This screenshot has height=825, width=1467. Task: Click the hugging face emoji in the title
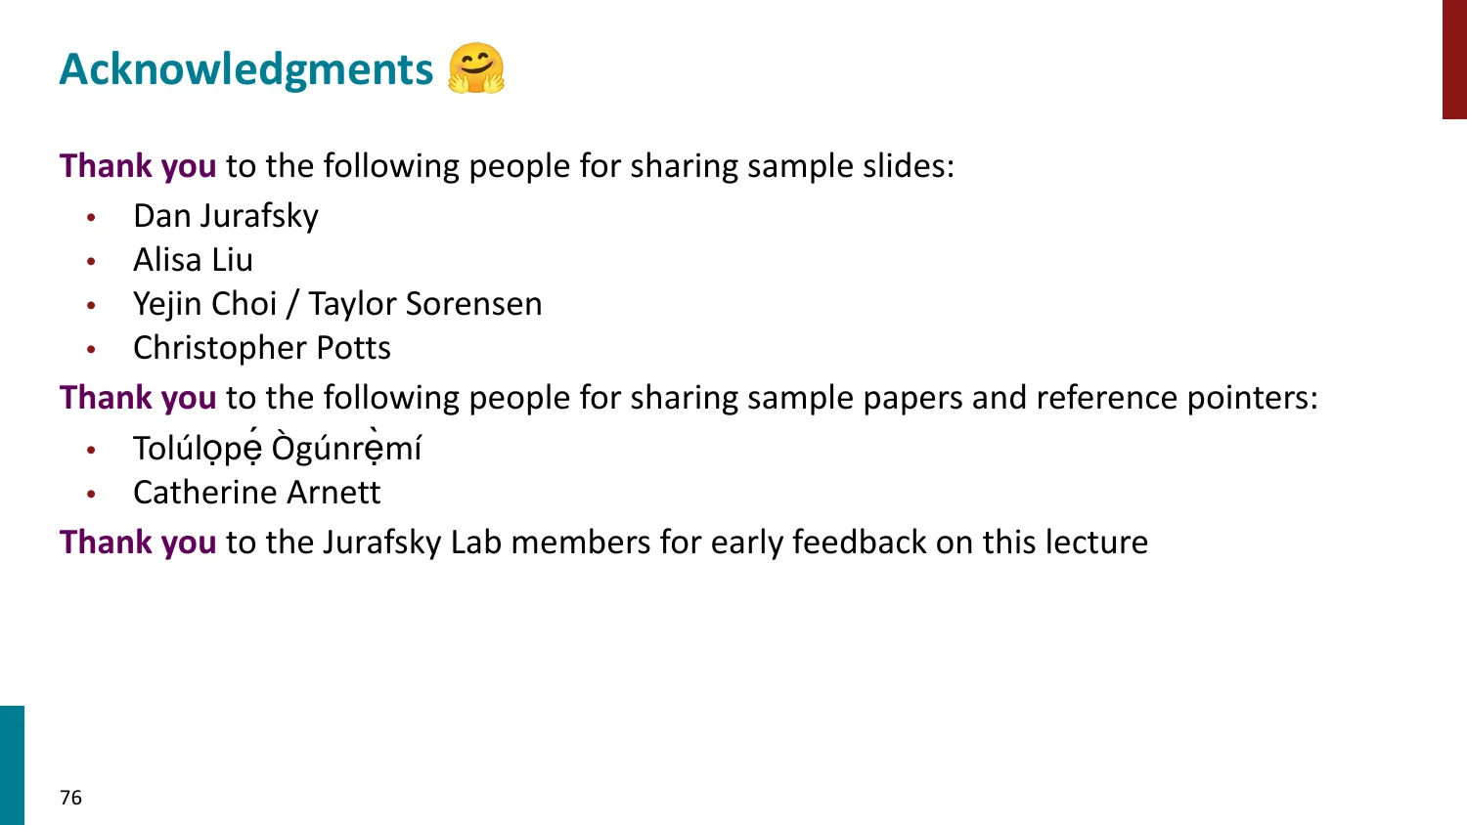point(476,68)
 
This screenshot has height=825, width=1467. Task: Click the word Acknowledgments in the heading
point(246,69)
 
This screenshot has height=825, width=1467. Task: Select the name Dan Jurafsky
point(226,216)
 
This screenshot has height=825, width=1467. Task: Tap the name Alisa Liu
point(194,259)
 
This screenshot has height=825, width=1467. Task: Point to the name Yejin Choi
point(205,304)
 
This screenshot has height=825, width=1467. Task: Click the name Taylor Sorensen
point(425,304)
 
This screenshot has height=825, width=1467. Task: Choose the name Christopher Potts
point(262,348)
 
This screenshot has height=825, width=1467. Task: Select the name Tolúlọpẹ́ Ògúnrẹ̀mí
point(277,448)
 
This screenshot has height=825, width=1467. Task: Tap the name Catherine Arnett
point(256,493)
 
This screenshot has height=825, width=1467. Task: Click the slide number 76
point(70,798)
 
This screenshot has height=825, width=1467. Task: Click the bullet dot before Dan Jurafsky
point(91,217)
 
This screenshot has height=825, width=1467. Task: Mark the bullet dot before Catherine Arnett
point(91,494)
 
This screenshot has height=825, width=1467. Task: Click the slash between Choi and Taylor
point(292,304)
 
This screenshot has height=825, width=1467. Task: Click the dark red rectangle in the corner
point(1454,60)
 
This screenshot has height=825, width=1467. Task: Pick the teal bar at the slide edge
point(12,765)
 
